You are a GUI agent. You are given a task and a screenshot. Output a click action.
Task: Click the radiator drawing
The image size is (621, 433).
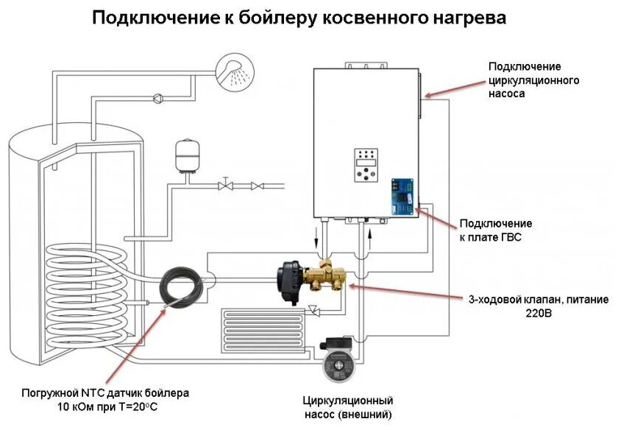pyautogui.click(x=263, y=325)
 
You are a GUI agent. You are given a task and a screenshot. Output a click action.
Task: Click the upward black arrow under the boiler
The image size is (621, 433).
pyautogui.click(x=372, y=236)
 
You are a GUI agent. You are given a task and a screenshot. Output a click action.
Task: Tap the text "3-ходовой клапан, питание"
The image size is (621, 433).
pyautogui.click(x=525, y=300)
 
